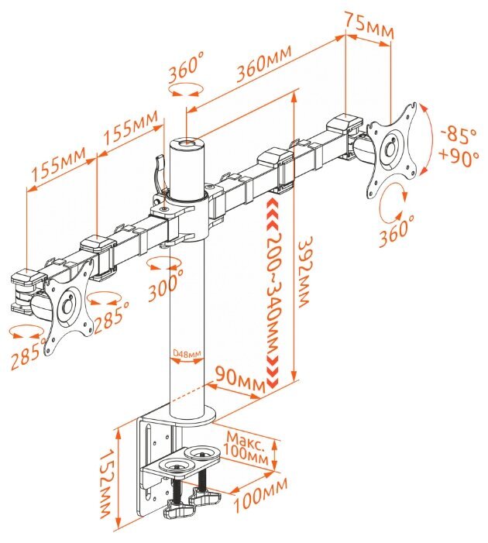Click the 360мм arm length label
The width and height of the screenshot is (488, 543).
[x=264, y=64]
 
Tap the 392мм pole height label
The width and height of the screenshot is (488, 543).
[x=306, y=272]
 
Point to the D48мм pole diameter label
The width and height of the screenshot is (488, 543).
[x=187, y=353]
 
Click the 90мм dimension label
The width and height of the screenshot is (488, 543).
[x=240, y=378]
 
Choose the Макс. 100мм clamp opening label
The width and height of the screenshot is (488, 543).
[x=246, y=448]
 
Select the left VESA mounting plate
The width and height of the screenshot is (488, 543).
[x=69, y=307]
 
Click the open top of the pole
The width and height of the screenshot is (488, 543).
[x=187, y=143]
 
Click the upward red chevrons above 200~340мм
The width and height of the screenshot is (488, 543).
[x=273, y=215]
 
